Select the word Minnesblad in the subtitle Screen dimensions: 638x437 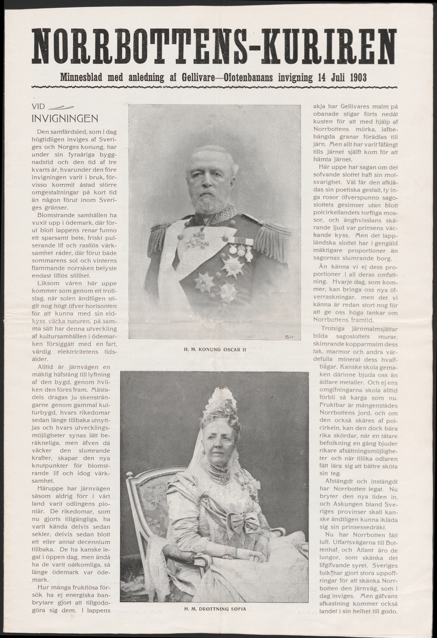pyautogui.click(x=87, y=78)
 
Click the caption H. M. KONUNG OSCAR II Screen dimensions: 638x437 pyautogui.click(x=214, y=349)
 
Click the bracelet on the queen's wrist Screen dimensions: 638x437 pyautogui.click(x=230, y=551)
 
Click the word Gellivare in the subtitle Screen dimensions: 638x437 pyautogui.click(x=187, y=78)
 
